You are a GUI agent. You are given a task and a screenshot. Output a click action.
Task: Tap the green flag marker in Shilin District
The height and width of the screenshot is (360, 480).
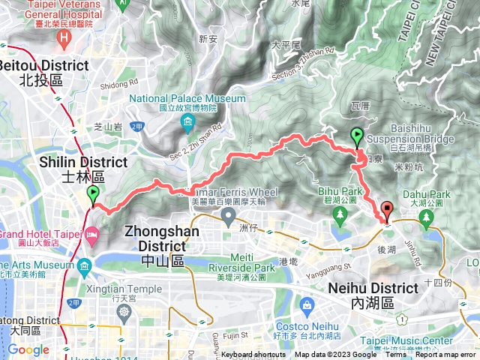pos(93,196)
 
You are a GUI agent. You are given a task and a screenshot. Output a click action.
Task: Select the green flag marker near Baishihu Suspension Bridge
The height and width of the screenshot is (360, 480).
pos(357,136)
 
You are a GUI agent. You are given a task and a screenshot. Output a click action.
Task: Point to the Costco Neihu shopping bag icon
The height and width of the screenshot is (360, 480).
pos(307,304)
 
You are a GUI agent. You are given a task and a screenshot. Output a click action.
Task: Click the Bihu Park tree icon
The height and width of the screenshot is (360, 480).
pos(340,215)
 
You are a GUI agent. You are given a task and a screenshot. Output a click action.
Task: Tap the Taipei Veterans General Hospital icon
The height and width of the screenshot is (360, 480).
pos(65,37)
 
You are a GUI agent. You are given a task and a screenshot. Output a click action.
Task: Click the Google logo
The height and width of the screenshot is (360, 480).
pos(28,349)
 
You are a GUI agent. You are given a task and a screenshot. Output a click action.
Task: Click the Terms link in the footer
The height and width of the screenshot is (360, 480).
pos(395,355)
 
